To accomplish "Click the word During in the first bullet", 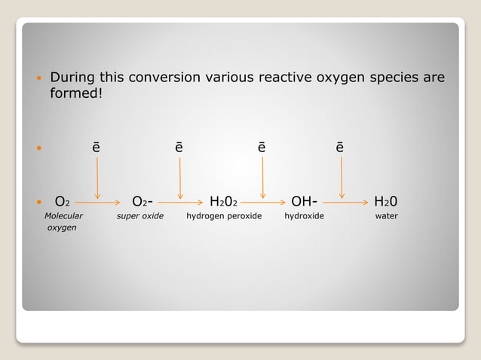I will click(75, 78).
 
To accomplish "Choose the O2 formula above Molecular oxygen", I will click(63, 202).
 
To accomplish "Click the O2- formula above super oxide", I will click(143, 202).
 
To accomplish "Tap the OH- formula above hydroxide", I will click(304, 202).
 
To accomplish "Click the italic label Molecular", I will click(63, 216).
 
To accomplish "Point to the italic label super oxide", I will click(139, 216).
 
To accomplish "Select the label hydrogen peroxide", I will click(224, 216).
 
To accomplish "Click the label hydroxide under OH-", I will click(304, 216).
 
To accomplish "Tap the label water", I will click(386, 216).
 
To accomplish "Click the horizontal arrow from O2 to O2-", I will click(98, 203).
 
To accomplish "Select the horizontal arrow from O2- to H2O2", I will click(181, 203).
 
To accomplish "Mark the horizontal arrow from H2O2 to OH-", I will click(264, 203).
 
